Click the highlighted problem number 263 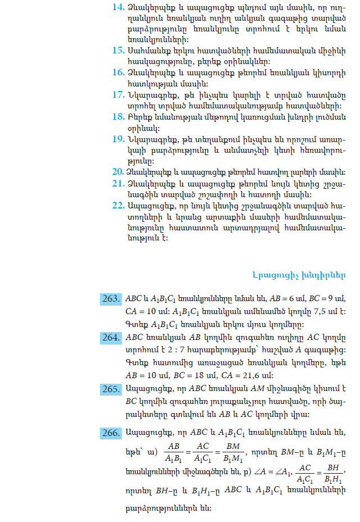pos(111,298)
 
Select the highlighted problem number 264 pos(111,337)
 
